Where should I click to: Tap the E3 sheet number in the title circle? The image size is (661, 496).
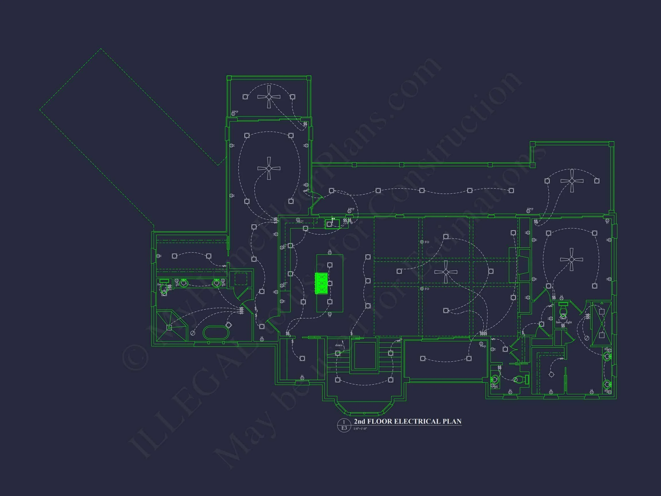(x=344, y=428)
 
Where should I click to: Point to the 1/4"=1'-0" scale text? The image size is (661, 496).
(x=360, y=429)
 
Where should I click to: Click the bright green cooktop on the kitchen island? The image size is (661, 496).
(x=322, y=283)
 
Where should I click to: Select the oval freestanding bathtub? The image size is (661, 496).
(x=216, y=332)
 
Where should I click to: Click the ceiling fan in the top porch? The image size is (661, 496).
(x=269, y=97)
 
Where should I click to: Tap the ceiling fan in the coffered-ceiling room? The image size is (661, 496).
(x=446, y=272)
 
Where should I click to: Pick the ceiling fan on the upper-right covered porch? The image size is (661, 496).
(x=572, y=181)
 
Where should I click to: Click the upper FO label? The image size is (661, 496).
(x=427, y=242)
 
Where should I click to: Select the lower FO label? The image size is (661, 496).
(x=427, y=289)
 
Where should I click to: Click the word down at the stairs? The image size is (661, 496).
(x=339, y=345)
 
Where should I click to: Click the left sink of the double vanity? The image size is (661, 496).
(x=184, y=283)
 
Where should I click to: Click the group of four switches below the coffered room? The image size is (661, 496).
(x=483, y=333)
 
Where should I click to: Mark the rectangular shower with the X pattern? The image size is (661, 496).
(x=602, y=324)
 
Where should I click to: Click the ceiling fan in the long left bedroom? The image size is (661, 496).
(x=269, y=168)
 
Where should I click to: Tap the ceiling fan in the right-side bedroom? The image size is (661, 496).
(x=571, y=259)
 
